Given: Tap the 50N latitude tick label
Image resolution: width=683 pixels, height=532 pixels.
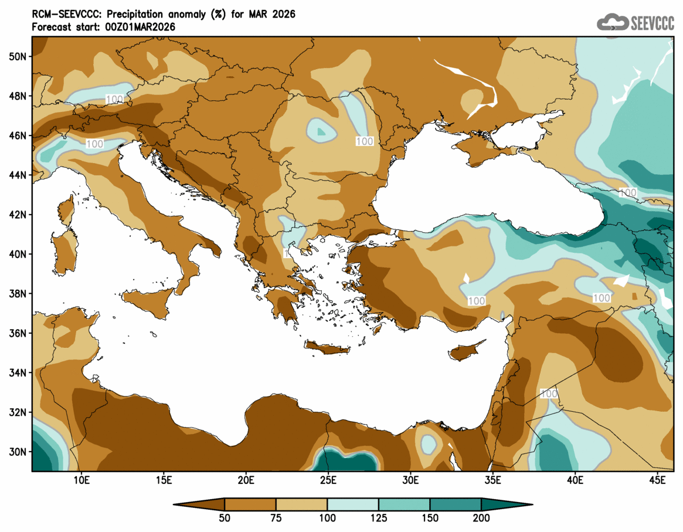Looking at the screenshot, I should (18, 56).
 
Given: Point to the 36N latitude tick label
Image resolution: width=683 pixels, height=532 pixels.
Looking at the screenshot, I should (18, 333).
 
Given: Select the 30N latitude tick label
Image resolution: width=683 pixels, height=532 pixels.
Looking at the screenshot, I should (18, 452).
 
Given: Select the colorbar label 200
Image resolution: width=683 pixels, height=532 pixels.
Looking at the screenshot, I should (481, 518).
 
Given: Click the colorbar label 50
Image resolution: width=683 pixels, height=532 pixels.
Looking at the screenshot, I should (225, 518).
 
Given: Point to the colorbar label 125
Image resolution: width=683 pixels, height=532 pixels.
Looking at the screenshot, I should (379, 518).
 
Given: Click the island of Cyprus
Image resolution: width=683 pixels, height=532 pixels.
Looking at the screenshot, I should (466, 351).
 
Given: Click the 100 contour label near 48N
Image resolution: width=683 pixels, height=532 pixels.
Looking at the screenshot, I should (114, 99).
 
